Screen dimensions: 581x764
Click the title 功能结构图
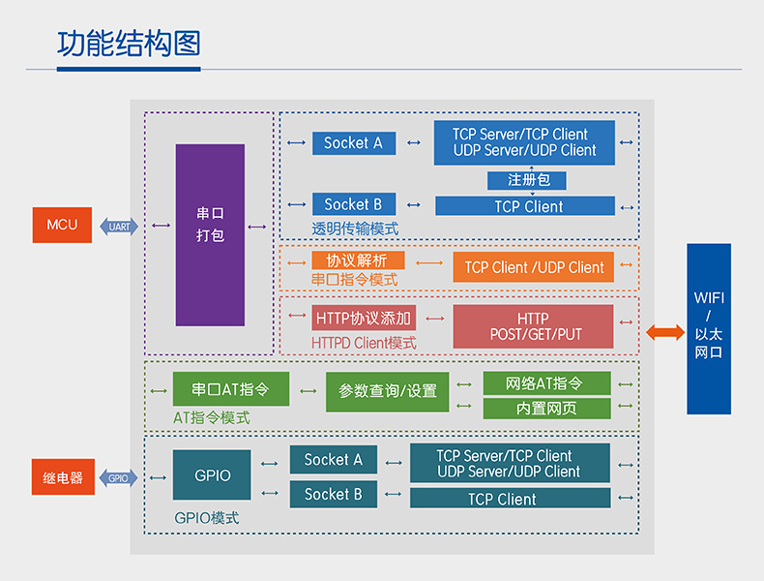(x=128, y=46)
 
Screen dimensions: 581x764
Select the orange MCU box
(x=63, y=226)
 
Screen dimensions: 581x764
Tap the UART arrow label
(x=120, y=227)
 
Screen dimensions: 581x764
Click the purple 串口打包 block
(x=210, y=235)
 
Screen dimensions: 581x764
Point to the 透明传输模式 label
(x=355, y=229)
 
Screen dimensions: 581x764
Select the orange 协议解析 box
(x=358, y=260)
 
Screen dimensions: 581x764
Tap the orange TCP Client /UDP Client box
(x=533, y=267)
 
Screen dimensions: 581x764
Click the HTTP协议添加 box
(x=363, y=319)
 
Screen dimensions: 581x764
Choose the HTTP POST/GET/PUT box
(x=533, y=326)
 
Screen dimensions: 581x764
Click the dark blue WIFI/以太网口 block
(x=709, y=329)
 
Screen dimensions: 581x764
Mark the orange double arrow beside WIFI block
(x=664, y=332)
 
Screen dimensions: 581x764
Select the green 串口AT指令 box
(x=230, y=389)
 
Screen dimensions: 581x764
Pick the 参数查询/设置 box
(x=388, y=391)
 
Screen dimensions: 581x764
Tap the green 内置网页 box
(x=546, y=409)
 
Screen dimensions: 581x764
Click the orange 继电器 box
(x=63, y=477)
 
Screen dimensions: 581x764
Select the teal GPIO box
(x=212, y=475)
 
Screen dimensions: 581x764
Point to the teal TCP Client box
(x=510, y=499)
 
